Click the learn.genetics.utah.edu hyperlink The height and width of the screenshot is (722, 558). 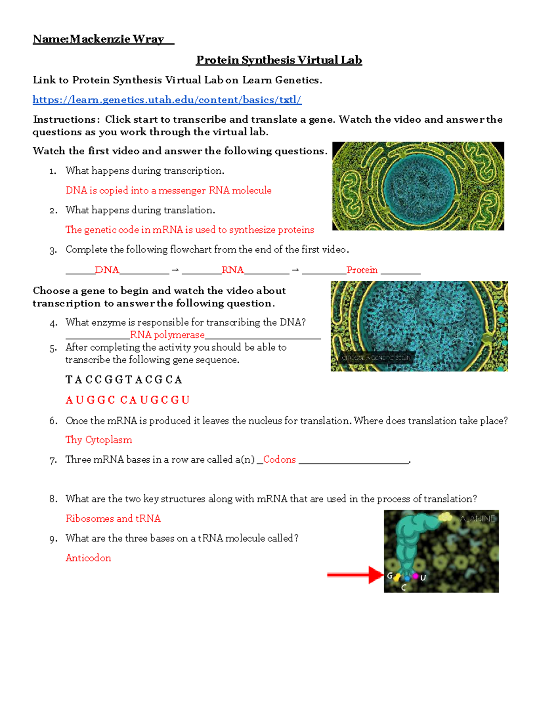pos(167,100)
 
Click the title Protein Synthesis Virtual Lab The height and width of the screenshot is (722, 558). pos(279,60)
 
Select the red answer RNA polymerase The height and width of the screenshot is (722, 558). pos(167,335)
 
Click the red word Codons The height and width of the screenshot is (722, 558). pos(279,459)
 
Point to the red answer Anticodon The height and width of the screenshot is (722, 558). pos(88,558)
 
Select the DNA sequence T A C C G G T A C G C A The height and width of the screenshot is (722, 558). pos(124,380)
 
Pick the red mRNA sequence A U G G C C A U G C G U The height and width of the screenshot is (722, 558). pos(127,400)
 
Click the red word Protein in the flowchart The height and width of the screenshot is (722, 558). pos(362,270)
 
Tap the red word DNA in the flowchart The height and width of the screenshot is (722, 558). pos(107,270)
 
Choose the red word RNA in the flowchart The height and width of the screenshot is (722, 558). pos(232,270)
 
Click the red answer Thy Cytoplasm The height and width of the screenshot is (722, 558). pos(99,440)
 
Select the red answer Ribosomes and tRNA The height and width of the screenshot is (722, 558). pos(113,518)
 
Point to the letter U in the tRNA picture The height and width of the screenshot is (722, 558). pos(423,578)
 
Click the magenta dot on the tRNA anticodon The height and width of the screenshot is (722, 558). pos(415,576)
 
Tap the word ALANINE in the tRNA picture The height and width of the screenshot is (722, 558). pos(478,519)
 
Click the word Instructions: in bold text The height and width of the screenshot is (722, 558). pos(66,119)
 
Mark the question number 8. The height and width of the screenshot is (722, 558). pos(53,499)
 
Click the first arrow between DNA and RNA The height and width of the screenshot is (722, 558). pos(175,270)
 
